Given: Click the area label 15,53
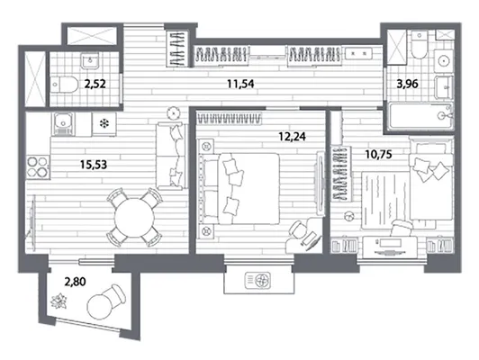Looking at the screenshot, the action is pyautogui.click(x=94, y=165).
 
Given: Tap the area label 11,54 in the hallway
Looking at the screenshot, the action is pyautogui.click(x=240, y=84).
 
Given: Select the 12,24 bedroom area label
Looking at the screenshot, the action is pyautogui.click(x=292, y=136).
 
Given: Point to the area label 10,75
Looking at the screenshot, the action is pyautogui.click(x=378, y=155).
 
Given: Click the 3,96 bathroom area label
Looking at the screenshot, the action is pyautogui.click(x=407, y=84).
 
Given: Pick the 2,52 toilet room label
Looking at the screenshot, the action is pyautogui.click(x=95, y=84).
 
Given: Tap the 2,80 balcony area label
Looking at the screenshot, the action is pyautogui.click(x=75, y=281).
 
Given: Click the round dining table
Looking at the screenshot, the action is pyautogui.click(x=134, y=218).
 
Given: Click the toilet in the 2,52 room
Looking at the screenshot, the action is pyautogui.click(x=65, y=85).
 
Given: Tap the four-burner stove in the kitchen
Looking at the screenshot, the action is pyautogui.click(x=38, y=166).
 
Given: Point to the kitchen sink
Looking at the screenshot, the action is pyautogui.click(x=63, y=123).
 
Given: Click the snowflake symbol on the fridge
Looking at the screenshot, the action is pyautogui.click(x=104, y=123).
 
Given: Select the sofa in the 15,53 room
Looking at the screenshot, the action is pyautogui.click(x=171, y=155).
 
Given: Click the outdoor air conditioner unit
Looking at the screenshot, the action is pyautogui.click(x=258, y=280).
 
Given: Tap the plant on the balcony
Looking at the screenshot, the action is pyautogui.click(x=59, y=301).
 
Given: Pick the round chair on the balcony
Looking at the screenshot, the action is pyautogui.click(x=105, y=301).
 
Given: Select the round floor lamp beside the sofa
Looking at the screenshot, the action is pyautogui.click(x=174, y=113).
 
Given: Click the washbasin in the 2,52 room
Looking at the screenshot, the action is pyautogui.click(x=90, y=60).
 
